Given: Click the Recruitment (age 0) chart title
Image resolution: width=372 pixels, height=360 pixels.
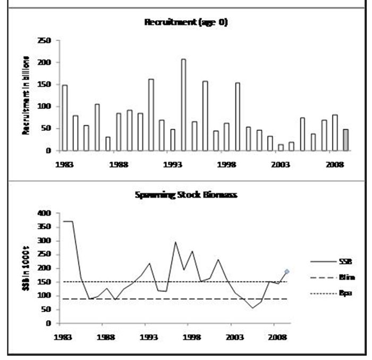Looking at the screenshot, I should click(x=185, y=22).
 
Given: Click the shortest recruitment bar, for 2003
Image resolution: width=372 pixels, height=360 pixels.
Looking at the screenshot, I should click(x=281, y=147).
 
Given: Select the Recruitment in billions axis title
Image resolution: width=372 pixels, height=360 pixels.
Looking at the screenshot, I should click(x=26, y=95).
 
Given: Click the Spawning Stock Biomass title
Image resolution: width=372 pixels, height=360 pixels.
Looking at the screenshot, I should click(x=185, y=195).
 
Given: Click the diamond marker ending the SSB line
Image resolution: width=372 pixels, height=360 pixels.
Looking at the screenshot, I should click(x=287, y=272).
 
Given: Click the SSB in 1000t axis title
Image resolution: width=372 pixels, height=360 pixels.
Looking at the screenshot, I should click(x=26, y=269).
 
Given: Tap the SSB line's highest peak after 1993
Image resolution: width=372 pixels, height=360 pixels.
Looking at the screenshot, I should click(x=175, y=242).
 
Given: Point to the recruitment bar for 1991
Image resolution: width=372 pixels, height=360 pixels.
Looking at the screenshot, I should click(x=151, y=115).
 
